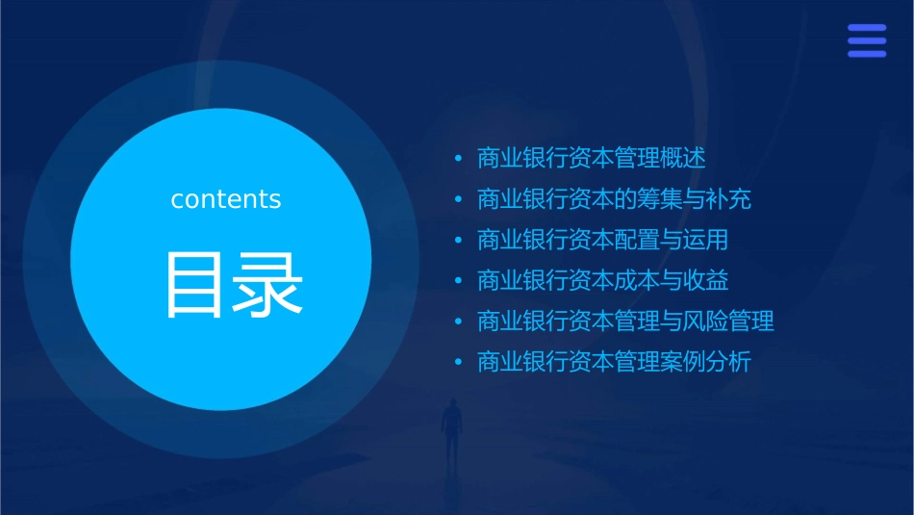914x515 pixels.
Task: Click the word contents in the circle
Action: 226,199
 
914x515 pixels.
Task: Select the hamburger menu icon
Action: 866,41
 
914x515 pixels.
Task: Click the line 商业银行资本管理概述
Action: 591,158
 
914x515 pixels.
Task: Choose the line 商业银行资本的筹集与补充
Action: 614,199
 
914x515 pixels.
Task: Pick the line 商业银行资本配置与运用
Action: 602,240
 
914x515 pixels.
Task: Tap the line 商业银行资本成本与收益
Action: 602,281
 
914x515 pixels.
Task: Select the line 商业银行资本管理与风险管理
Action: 625,322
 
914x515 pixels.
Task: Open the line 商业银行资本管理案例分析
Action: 614,363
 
